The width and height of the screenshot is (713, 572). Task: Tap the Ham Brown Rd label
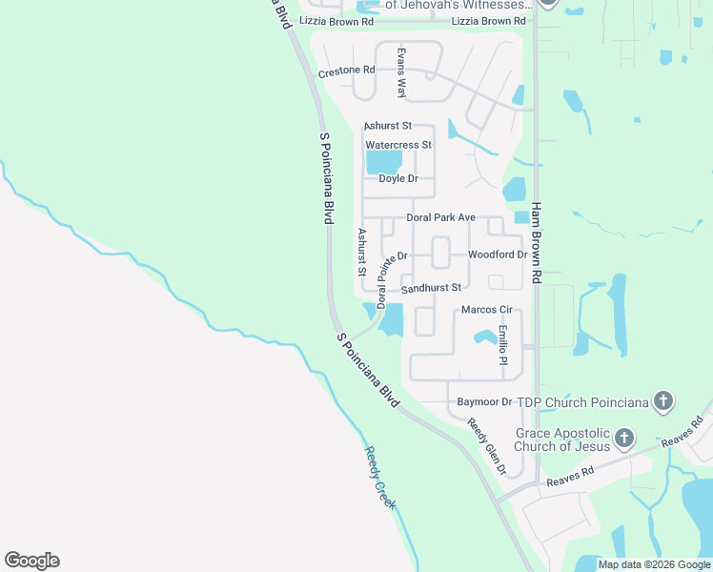click(x=537, y=243)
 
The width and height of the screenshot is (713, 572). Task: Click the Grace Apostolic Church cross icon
click(x=623, y=439)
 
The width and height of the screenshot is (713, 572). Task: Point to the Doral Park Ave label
click(x=440, y=218)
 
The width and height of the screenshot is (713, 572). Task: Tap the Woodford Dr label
click(x=497, y=255)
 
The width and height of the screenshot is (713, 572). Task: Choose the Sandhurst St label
click(x=431, y=288)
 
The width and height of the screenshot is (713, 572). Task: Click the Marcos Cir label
click(x=487, y=310)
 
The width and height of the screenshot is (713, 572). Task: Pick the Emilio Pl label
click(x=502, y=345)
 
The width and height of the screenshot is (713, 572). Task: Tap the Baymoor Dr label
click(x=485, y=402)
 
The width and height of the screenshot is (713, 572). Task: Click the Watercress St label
click(x=399, y=145)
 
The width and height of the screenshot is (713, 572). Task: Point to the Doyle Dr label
click(x=398, y=179)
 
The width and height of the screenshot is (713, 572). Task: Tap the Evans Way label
click(x=402, y=73)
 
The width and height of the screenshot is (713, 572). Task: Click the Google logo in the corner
click(x=31, y=561)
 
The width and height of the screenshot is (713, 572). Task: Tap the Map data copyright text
click(x=654, y=564)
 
